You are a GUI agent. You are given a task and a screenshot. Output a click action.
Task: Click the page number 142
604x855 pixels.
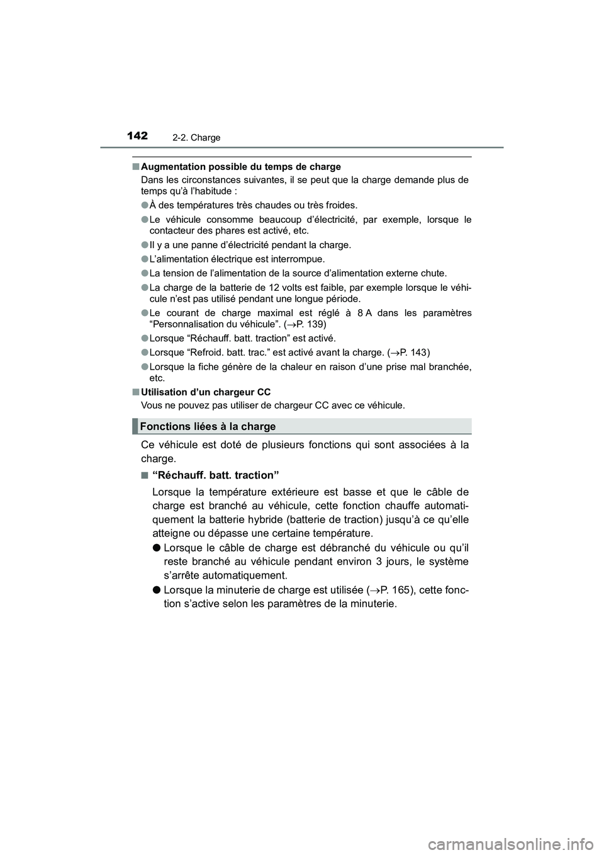(x=137, y=135)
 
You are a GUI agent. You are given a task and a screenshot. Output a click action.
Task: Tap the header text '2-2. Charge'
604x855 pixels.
(x=197, y=138)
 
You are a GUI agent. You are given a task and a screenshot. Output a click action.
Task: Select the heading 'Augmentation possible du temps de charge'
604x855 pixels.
(x=241, y=167)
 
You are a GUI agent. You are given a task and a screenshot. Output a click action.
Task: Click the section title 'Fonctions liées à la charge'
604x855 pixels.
(x=208, y=427)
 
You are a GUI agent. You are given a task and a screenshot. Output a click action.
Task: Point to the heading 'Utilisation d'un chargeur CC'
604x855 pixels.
(x=206, y=392)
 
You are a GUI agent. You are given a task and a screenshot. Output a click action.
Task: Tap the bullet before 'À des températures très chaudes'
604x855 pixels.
(x=144, y=205)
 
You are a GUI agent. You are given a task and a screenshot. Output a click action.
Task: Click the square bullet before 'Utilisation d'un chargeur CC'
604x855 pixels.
(x=136, y=392)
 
